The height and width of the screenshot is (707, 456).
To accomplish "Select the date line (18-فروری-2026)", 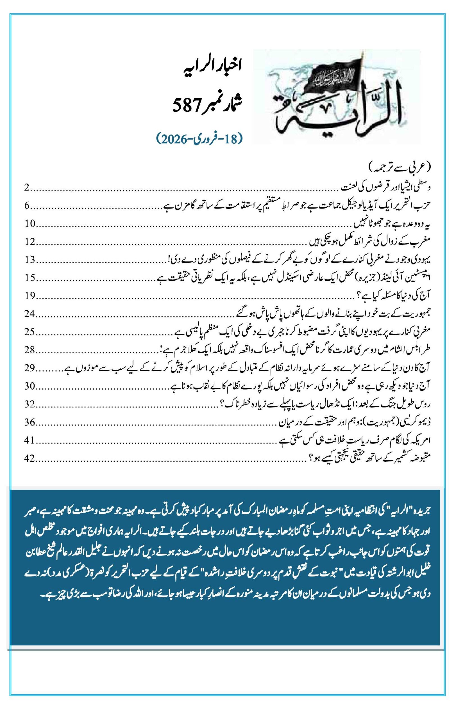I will (x=199, y=138).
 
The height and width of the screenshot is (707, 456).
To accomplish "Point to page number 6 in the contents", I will (x=27, y=206).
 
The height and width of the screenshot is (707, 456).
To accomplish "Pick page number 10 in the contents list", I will (x=30, y=224).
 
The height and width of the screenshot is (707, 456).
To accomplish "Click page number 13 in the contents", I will (x=30, y=260).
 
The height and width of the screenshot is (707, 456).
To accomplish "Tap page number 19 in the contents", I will (x=30, y=296).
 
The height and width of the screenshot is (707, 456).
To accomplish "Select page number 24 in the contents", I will (x=30, y=314).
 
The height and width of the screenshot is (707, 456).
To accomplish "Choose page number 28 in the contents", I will (x=30, y=350).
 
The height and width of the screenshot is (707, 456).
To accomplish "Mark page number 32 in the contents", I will (x=30, y=404).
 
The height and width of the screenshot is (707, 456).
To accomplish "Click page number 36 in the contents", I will (x=30, y=422).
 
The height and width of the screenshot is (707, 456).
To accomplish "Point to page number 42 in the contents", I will (x=30, y=458).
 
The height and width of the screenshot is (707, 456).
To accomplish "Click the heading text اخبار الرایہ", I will (x=212, y=65).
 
